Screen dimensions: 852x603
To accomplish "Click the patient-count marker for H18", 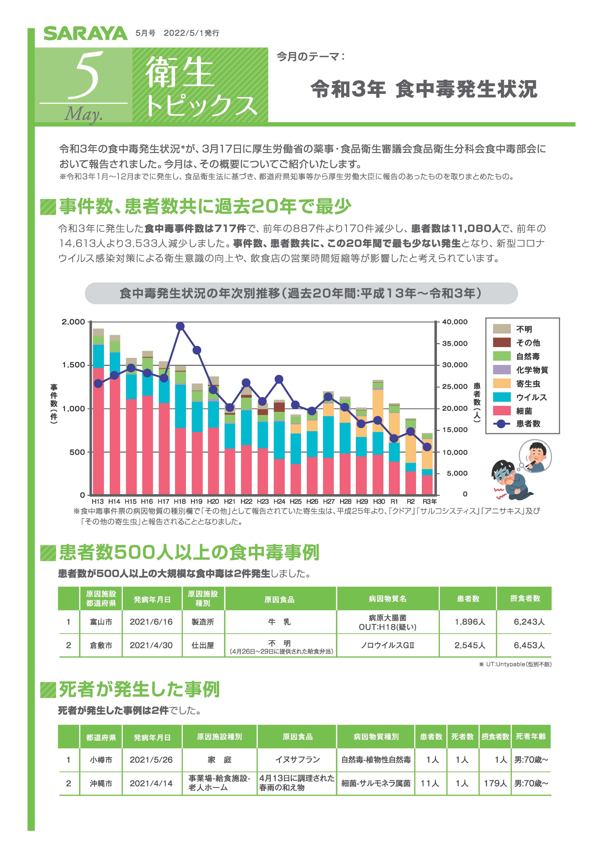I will pos(180,326).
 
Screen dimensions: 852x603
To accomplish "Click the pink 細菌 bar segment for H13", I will pos(98,430).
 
